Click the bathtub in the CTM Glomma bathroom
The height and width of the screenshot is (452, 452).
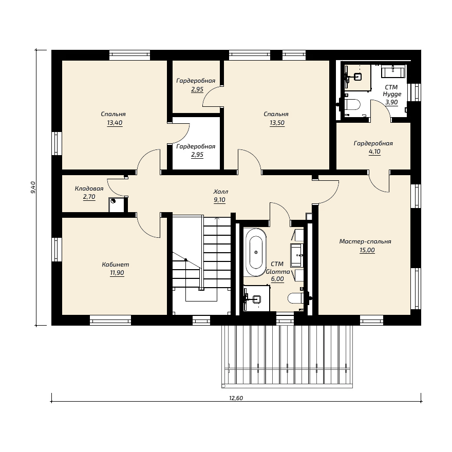pyautogui.click(x=256, y=253)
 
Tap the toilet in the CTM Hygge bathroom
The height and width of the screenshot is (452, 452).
pyautogui.click(x=352, y=105)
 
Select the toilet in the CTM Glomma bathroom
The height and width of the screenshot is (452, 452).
pyautogui.click(x=295, y=298)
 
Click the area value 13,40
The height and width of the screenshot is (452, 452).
pyautogui.click(x=115, y=123)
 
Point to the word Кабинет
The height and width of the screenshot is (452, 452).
pyautogui.click(x=116, y=265)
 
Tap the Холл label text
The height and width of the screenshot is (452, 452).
pyautogui.click(x=221, y=192)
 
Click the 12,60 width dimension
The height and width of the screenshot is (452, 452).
pyautogui.click(x=236, y=398)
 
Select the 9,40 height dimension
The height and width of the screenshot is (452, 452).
pyautogui.click(x=33, y=187)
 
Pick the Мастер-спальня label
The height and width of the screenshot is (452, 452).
pyautogui.click(x=365, y=241)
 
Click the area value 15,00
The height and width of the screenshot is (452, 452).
pyautogui.click(x=367, y=250)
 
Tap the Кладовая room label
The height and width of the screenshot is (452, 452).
pyautogui.click(x=89, y=189)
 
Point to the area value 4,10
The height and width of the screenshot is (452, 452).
pyautogui.click(x=374, y=152)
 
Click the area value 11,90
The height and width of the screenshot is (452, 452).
pyautogui.click(x=117, y=273)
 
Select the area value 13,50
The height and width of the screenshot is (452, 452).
pyautogui.click(x=277, y=123)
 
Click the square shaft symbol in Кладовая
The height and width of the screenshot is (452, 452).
pyautogui.click(x=117, y=205)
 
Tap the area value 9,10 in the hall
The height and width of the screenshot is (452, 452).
pyautogui.click(x=220, y=200)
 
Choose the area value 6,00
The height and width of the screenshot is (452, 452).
pyautogui.click(x=277, y=279)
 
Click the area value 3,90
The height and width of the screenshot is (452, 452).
pyautogui.click(x=392, y=102)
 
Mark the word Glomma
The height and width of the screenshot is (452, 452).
pyautogui.click(x=278, y=272)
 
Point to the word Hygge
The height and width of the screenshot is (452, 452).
pyautogui.click(x=392, y=95)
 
